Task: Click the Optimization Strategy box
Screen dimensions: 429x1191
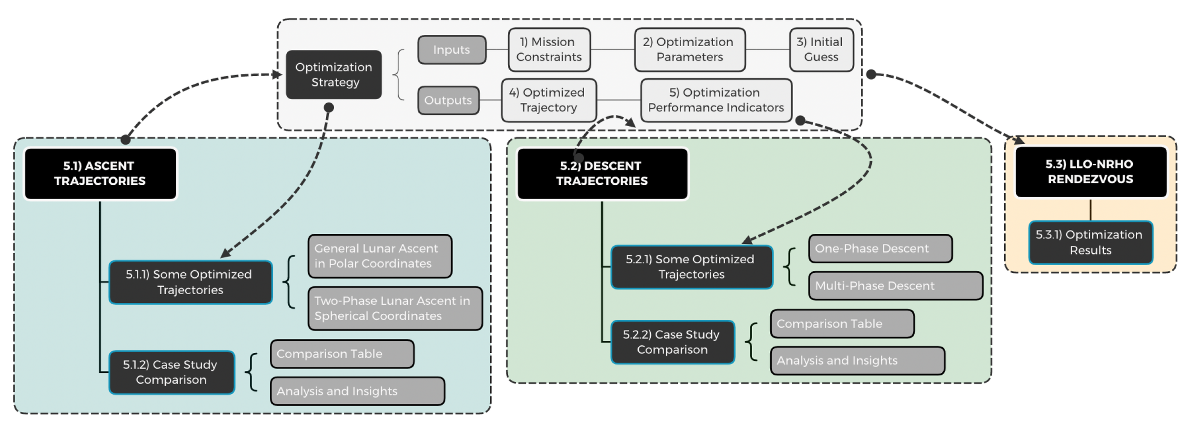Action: pyautogui.click(x=333, y=75)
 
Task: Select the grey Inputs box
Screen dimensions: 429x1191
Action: pyautogui.click(x=452, y=50)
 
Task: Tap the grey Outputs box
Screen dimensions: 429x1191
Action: pyautogui.click(x=448, y=100)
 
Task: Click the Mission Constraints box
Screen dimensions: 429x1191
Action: pyautogui.click(x=549, y=50)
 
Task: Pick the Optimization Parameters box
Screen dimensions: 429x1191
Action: pyautogui.click(x=689, y=50)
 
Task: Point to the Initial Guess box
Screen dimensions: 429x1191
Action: pyautogui.click(x=821, y=50)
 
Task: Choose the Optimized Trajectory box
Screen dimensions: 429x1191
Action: pyautogui.click(x=548, y=100)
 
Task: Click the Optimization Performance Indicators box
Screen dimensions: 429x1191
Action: pyautogui.click(x=716, y=100)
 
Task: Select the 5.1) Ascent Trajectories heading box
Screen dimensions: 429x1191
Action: pyautogui.click(x=100, y=173)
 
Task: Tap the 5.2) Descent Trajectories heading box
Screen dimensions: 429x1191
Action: pyautogui.click(x=602, y=173)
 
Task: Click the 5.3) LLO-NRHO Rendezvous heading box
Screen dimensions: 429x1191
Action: pyautogui.click(x=1090, y=171)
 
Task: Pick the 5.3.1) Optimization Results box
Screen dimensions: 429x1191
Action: pyautogui.click(x=1090, y=242)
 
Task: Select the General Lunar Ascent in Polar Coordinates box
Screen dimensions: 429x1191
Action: pyautogui.click(x=379, y=256)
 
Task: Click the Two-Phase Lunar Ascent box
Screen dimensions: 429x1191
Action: pyautogui.click(x=394, y=309)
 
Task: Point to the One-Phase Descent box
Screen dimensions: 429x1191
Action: pyautogui.click(x=880, y=249)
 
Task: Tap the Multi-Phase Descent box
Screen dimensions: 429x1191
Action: pyautogui.click(x=895, y=286)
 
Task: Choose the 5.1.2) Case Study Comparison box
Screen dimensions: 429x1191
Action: pyautogui.click(x=172, y=372)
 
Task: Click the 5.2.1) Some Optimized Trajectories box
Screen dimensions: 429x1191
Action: pyautogui.click(x=691, y=267)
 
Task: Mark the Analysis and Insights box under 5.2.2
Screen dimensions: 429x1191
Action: pyautogui.click(x=857, y=360)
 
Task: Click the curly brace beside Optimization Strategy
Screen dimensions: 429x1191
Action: pyautogui.click(x=399, y=75)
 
